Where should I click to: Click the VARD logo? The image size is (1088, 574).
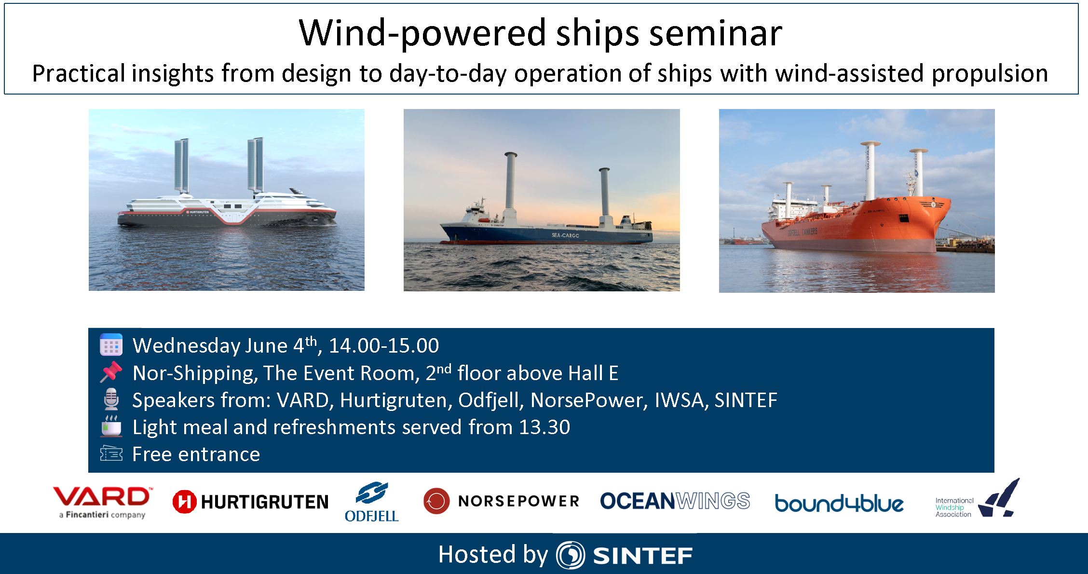[102, 502]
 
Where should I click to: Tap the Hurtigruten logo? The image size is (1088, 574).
[250, 502]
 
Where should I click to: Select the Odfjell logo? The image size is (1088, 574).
[371, 502]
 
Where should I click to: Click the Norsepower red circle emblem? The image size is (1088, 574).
[436, 501]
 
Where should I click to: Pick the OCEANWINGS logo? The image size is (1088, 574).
[675, 501]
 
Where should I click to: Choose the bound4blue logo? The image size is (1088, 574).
[839, 503]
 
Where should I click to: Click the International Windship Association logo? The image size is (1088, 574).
[977, 500]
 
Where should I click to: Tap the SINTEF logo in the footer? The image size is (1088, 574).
[625, 555]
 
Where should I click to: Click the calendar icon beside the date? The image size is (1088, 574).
[111, 345]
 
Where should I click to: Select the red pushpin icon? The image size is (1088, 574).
[111, 372]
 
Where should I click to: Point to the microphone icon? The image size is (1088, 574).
[111, 399]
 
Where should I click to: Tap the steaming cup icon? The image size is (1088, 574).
[111, 426]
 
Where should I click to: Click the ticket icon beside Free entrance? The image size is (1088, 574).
[111, 453]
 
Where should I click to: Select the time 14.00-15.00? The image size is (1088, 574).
[383, 345]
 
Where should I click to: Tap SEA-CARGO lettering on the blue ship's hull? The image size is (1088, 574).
[565, 235]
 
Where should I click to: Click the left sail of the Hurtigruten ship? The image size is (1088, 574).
[181, 165]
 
